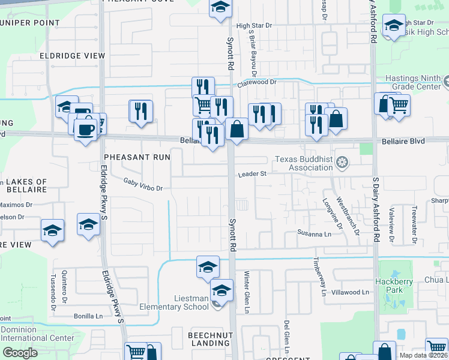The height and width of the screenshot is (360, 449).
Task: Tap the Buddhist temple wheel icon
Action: [x=342, y=163]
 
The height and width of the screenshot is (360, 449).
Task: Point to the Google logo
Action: [x=20, y=353]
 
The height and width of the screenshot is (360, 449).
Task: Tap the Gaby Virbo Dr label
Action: [x=143, y=184]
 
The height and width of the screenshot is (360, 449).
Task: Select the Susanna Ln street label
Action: [x=314, y=233]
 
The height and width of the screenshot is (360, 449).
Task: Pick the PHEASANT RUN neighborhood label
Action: [x=136, y=157]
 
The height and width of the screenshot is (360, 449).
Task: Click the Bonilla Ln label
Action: [x=88, y=316]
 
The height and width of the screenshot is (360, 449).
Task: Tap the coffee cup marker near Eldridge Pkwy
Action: [x=86, y=129]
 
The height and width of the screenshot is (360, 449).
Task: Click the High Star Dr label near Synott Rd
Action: [x=254, y=26]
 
